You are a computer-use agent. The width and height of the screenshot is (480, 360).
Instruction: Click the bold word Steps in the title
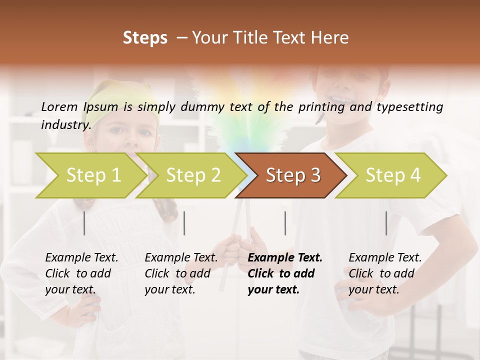(x=145, y=37)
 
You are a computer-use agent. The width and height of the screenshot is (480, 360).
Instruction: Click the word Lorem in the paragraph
(x=59, y=106)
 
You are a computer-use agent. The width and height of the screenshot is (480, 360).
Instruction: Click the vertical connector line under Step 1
(x=84, y=223)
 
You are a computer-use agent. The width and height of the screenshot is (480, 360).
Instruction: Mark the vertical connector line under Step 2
(x=184, y=223)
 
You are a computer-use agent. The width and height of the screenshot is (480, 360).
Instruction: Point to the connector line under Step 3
(x=285, y=223)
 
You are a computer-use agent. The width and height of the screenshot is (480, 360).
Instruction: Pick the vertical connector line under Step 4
(x=386, y=223)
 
